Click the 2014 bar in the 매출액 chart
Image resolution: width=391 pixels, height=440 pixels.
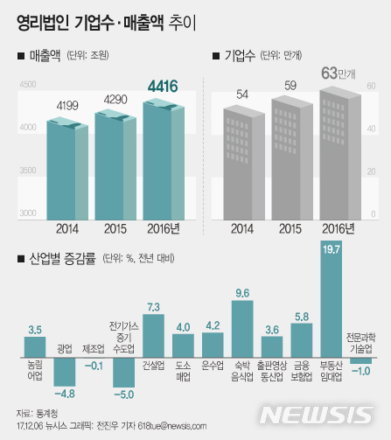pos(66,171)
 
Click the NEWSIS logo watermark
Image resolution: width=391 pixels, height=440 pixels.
pos(330,413)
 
